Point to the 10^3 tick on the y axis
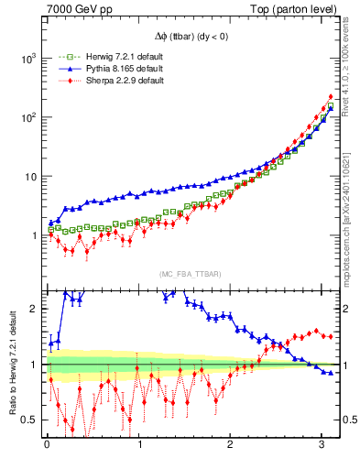pyautogui.click(x=27, y=58)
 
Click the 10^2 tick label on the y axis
pyautogui.click(x=27, y=117)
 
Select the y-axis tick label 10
pyautogui.click(x=29, y=176)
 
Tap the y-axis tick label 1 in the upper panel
pyautogui.click(x=34, y=235)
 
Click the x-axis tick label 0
pyautogui.click(x=47, y=445)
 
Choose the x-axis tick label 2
pyautogui.click(x=231, y=445)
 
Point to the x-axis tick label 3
pyautogui.click(x=322, y=445)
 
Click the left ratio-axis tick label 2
pyautogui.click(x=35, y=309)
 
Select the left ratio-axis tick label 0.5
pyautogui.click(x=30, y=420)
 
